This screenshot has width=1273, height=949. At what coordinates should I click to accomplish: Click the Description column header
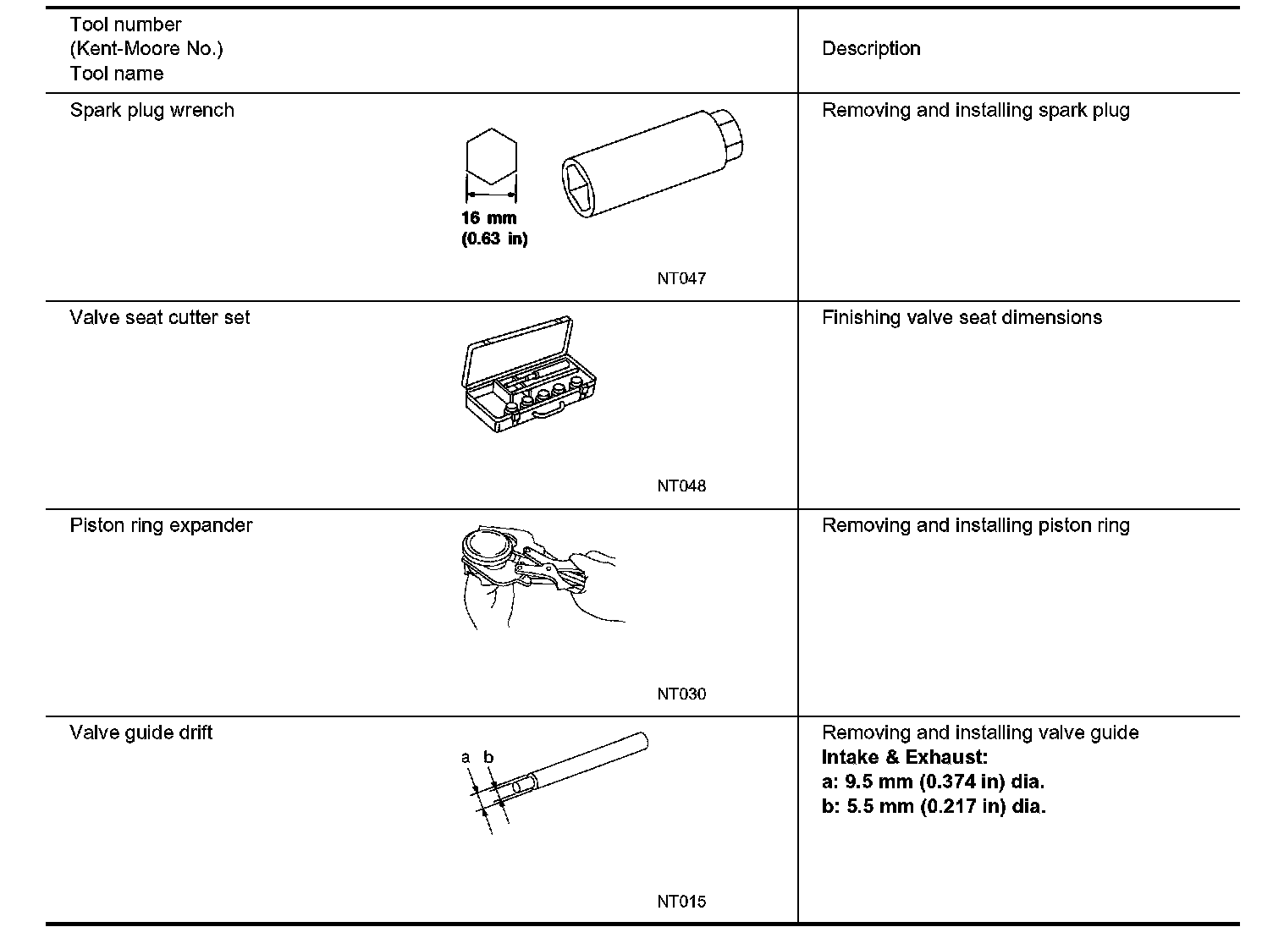tap(871, 49)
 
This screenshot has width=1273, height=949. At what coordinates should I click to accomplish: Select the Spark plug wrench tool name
tap(152, 111)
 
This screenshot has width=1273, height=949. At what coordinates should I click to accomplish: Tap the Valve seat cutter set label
tap(160, 318)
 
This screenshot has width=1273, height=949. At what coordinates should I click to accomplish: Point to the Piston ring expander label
tap(161, 525)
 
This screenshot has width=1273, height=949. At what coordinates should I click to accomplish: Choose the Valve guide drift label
tap(141, 732)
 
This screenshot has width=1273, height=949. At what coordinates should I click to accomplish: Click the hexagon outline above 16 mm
tap(491, 156)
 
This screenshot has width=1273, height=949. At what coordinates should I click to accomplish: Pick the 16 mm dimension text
tap(489, 218)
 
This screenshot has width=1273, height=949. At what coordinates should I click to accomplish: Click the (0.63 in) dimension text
tap(494, 239)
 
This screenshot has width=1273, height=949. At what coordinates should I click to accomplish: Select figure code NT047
tap(681, 279)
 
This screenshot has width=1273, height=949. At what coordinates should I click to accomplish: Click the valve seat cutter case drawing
tap(531, 376)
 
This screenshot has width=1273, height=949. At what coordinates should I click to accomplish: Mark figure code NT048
tap(681, 486)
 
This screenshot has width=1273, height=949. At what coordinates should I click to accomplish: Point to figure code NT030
tap(681, 694)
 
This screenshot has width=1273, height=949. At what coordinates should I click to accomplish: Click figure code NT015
tap(681, 902)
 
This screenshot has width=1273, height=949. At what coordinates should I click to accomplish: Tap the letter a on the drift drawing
tap(466, 758)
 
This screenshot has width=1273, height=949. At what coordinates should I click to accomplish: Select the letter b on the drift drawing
tap(488, 758)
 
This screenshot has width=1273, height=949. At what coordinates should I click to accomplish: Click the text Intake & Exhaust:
tap(904, 757)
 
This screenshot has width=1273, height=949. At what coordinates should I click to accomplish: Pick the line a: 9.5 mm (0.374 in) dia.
tap(933, 782)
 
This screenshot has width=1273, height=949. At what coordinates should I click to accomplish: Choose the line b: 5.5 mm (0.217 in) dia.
tap(934, 806)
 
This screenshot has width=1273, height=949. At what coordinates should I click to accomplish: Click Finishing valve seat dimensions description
tap(962, 318)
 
